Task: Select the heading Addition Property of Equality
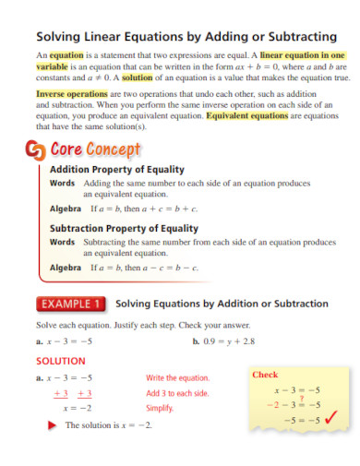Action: pyautogui.click(x=116, y=170)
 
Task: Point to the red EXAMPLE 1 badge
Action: pyautogui.click(x=71, y=303)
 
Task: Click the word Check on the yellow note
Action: pyautogui.click(x=265, y=376)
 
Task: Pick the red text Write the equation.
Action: pyautogui.click(x=178, y=378)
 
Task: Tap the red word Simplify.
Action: pyautogui.click(x=160, y=408)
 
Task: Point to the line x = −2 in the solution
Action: pyautogui.click(x=77, y=408)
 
